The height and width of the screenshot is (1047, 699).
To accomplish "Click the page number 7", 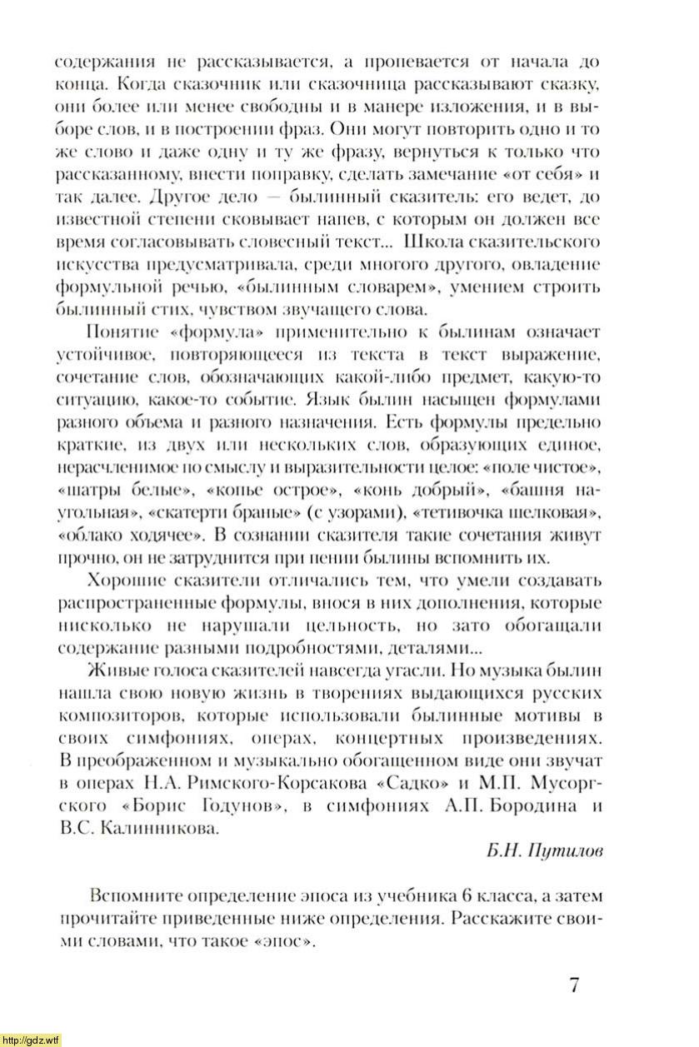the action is [574, 985].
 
